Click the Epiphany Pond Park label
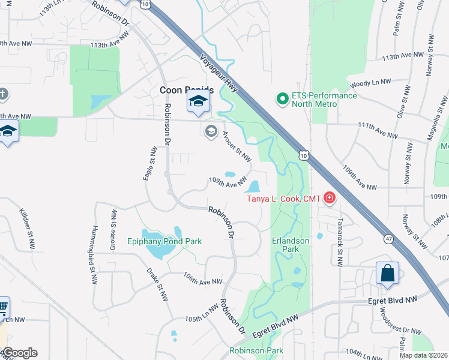coord(164,241)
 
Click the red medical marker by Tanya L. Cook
coord(328,197)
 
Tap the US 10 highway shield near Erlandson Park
coord(304,156)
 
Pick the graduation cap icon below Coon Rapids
coord(197,103)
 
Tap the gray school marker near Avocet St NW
coord(211,131)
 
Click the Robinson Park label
coord(256,350)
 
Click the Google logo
coord(20,353)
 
